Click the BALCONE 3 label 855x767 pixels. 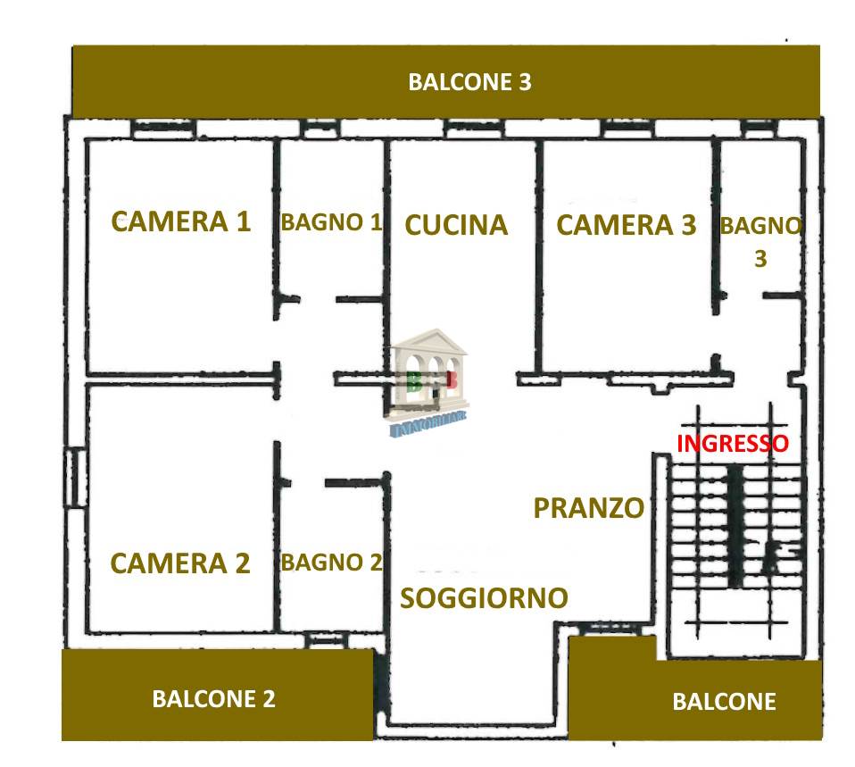pyautogui.click(x=469, y=82)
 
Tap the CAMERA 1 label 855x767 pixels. pyautogui.click(x=180, y=221)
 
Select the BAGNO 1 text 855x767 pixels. pyautogui.click(x=331, y=222)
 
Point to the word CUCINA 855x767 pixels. pyautogui.click(x=456, y=225)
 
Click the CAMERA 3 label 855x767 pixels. pyautogui.click(x=626, y=225)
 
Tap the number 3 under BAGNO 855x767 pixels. pyautogui.click(x=760, y=259)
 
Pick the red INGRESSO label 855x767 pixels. pyautogui.click(x=733, y=443)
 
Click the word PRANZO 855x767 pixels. pyautogui.click(x=588, y=508)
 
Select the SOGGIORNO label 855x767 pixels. pyautogui.click(x=485, y=598)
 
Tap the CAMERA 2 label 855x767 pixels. pyautogui.click(x=180, y=563)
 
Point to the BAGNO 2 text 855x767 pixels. pyautogui.click(x=331, y=563)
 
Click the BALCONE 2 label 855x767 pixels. pyautogui.click(x=213, y=699)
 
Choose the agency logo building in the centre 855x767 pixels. pyautogui.click(x=429, y=382)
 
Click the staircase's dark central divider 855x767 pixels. pyautogui.click(x=735, y=526)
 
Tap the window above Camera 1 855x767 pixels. pyautogui.click(x=163, y=129)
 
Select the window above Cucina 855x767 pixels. pyautogui.click(x=474, y=129)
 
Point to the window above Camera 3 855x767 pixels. pyautogui.click(x=627, y=129)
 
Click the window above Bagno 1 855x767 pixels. pyautogui.click(x=320, y=129)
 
